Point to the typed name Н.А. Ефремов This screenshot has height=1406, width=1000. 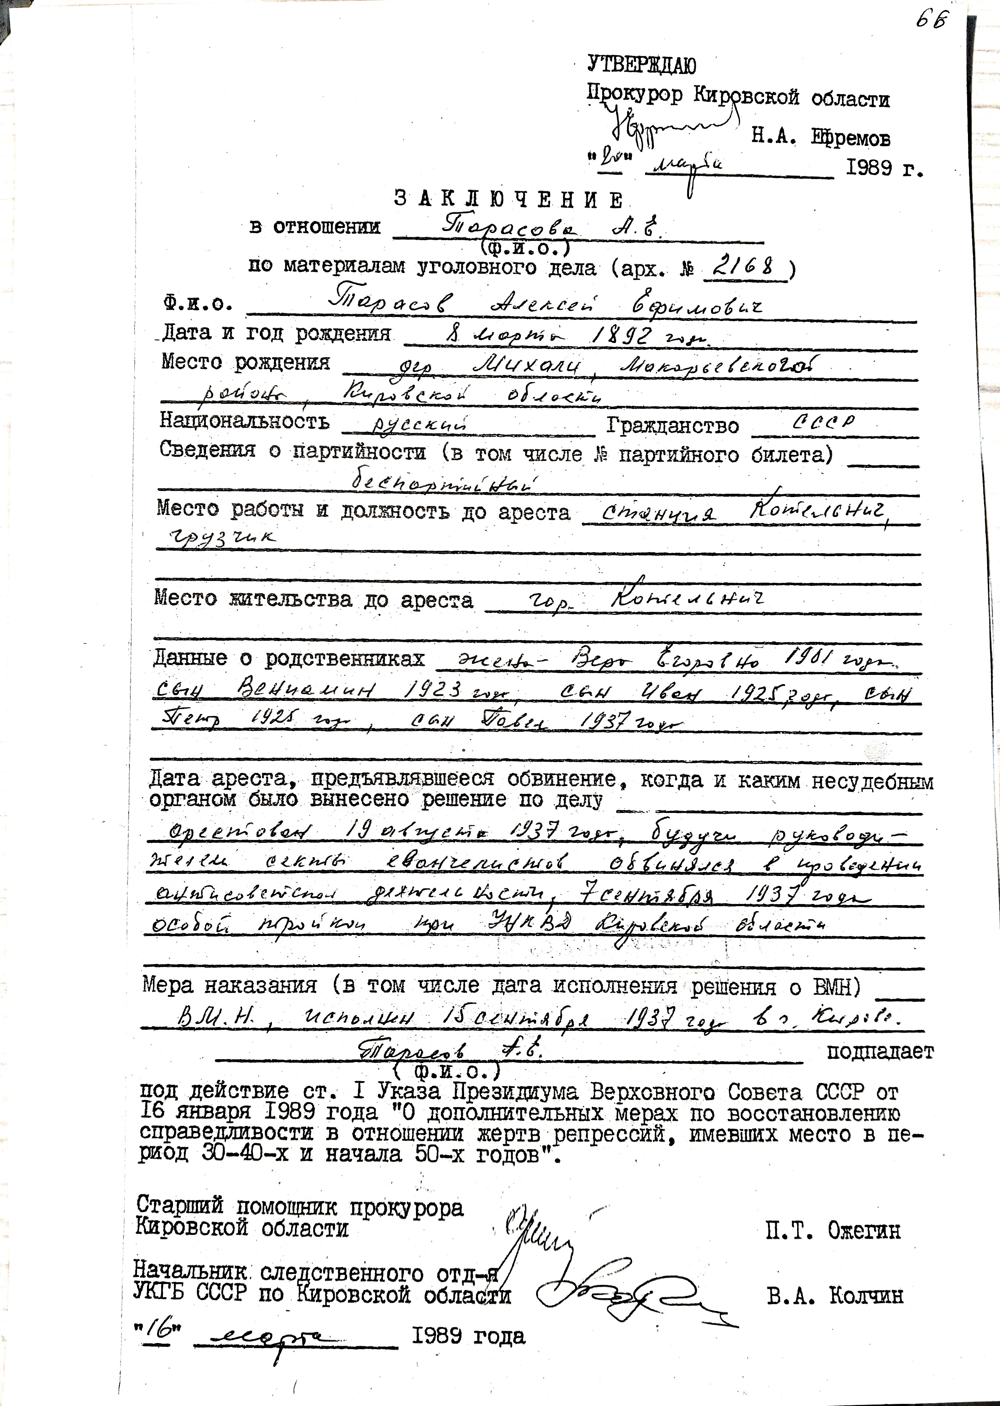820,138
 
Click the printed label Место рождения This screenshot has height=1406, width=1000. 245,362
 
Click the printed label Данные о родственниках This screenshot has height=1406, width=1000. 289,659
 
